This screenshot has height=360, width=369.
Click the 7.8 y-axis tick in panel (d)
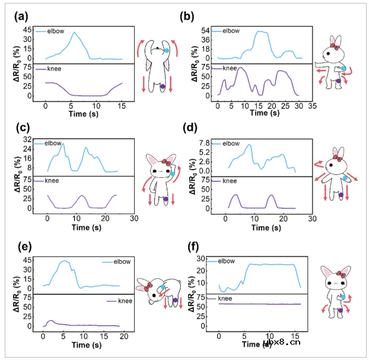coord(205,143)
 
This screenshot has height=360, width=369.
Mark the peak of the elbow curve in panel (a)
coord(75,33)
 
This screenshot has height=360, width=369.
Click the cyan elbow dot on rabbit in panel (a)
coord(167,51)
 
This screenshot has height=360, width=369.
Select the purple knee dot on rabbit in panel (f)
coord(341,310)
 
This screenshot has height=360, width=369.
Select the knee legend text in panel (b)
coord(229,69)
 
